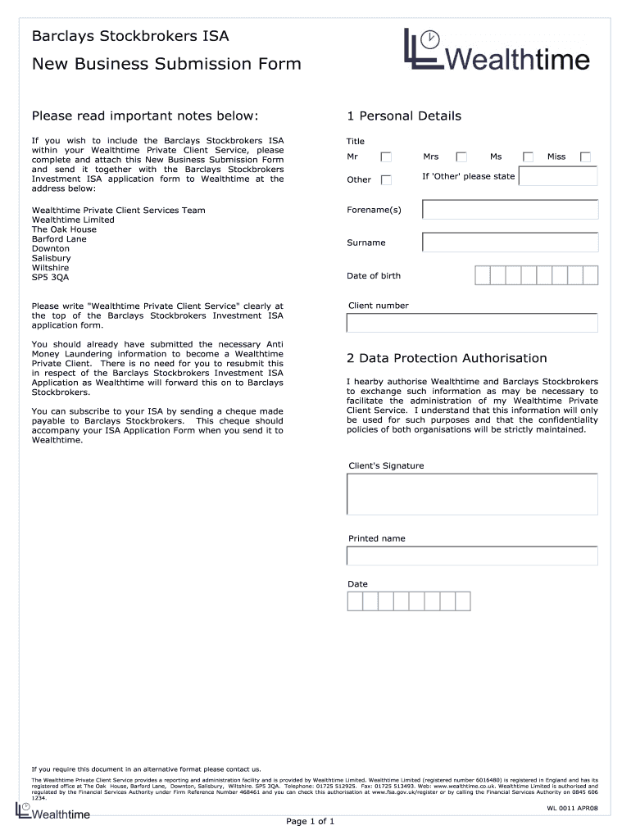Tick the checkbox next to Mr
(x=385, y=156)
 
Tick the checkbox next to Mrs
(x=461, y=156)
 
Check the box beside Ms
(x=529, y=156)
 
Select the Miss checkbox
(x=585, y=156)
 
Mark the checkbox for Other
(x=385, y=179)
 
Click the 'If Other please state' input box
(x=557, y=176)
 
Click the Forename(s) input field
(x=510, y=210)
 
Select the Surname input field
(x=510, y=243)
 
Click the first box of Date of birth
(x=483, y=275)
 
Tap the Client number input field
(x=472, y=323)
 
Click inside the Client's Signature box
(x=472, y=494)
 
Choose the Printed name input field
(x=472, y=556)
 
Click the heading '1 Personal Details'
(x=404, y=116)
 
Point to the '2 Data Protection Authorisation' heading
(x=447, y=358)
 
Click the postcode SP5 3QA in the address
(x=50, y=278)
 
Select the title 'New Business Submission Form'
(x=166, y=64)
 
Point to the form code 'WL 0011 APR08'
(x=572, y=808)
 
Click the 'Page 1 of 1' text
(x=310, y=821)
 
